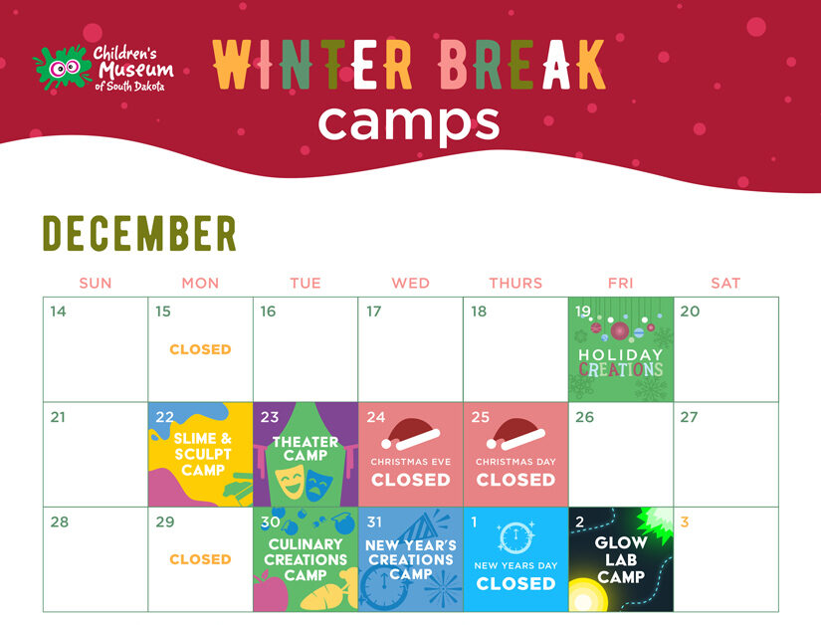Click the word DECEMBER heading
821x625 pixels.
pos(139,233)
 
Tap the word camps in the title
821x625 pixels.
pos(409,121)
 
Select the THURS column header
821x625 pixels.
pos(515,283)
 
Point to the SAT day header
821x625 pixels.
pos(725,283)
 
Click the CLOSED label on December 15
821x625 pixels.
pos(200,349)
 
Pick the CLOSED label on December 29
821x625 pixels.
pos(200,559)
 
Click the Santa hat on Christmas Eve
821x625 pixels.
pos(411,432)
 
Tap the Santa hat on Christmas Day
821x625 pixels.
pos(515,432)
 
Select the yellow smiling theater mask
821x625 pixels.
pos(291,485)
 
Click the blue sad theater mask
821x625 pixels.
pos(318,485)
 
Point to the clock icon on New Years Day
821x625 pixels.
pos(515,538)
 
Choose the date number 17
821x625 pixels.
pos(374,312)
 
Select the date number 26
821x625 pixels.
pos(584,417)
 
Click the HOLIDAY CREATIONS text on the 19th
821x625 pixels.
pos(621,362)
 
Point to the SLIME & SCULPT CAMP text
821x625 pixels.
pos(202,454)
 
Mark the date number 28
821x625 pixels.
pos(59,521)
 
